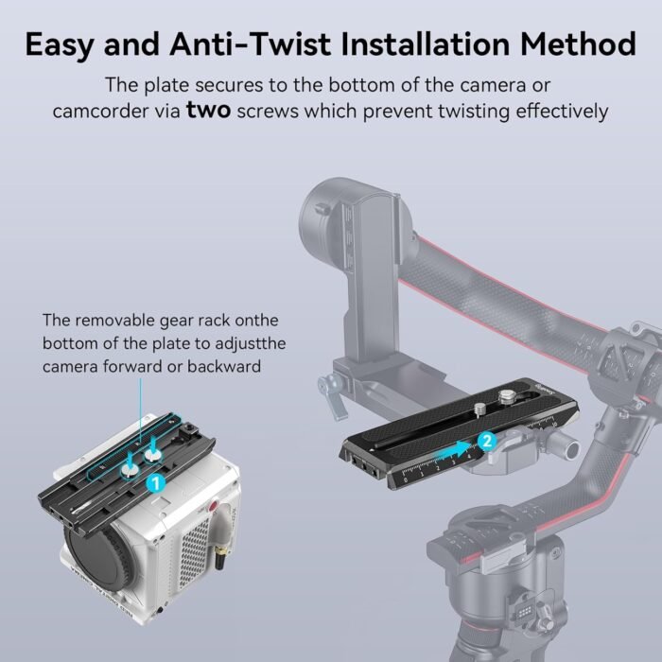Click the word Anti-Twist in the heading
point(251,44)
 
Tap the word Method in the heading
point(578,44)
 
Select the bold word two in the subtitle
point(209,111)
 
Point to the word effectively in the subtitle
point(562,112)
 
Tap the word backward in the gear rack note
point(224,366)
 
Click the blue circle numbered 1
point(155,482)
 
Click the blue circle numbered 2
point(487,442)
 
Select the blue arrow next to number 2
point(454,452)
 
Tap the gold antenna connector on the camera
point(219,558)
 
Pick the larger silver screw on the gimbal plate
point(505,396)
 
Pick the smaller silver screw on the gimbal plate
point(479,409)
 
